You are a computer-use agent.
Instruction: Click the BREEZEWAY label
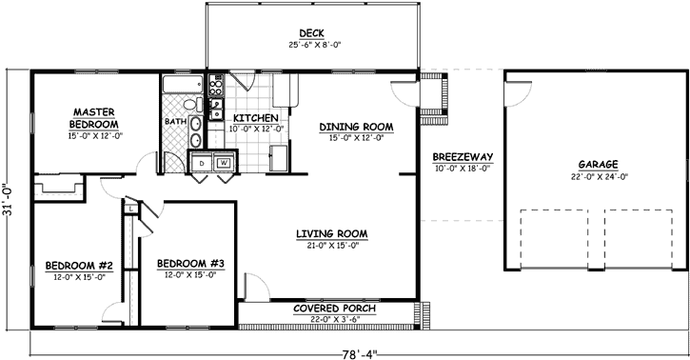coord(461,157)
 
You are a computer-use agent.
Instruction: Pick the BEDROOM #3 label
coord(190,264)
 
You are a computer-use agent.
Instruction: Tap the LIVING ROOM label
coord(331,234)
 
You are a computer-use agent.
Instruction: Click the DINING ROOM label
coord(356,126)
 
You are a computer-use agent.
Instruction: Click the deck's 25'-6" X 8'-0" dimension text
coord(313,44)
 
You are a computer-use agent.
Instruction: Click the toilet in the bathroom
coord(189,105)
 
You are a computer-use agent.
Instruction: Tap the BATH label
coord(175,122)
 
